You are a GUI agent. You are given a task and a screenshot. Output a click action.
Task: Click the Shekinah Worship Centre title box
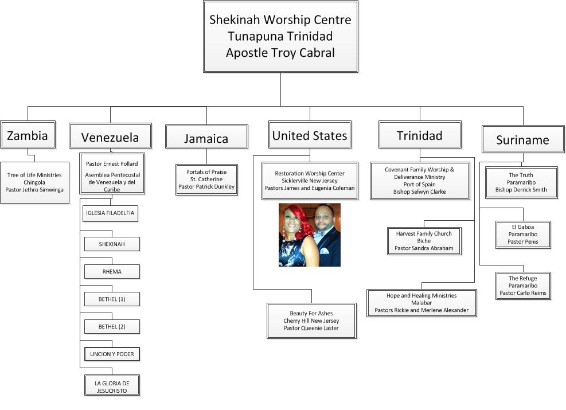click(280, 36)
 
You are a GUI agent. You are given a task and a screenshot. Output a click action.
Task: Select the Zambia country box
click(28, 135)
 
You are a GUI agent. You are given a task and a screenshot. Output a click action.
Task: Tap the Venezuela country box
click(110, 136)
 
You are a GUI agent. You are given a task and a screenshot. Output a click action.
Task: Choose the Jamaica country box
click(206, 138)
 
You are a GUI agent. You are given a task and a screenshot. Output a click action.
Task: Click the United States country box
click(310, 135)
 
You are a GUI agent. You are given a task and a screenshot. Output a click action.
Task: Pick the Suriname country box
click(522, 139)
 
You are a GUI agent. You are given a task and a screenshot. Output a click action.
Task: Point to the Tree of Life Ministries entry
click(34, 182)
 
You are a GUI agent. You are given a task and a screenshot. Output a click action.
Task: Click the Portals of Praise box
click(206, 179)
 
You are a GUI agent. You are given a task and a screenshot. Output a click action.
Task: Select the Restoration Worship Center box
click(310, 180)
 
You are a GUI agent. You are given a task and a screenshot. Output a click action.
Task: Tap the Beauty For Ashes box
click(311, 321)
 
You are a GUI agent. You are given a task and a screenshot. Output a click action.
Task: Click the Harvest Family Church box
click(424, 241)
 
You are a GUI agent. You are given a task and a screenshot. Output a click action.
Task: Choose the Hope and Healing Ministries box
click(421, 303)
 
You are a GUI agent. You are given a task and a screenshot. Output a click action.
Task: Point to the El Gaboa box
click(522, 234)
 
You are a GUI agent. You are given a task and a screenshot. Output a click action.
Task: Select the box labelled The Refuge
click(522, 286)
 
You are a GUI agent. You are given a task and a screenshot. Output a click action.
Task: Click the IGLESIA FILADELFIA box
click(110, 213)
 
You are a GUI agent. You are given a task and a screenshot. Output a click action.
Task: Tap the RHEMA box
click(112, 271)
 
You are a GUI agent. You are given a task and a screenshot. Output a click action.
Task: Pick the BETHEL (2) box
click(112, 326)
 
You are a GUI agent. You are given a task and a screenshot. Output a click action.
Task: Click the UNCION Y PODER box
click(112, 354)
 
